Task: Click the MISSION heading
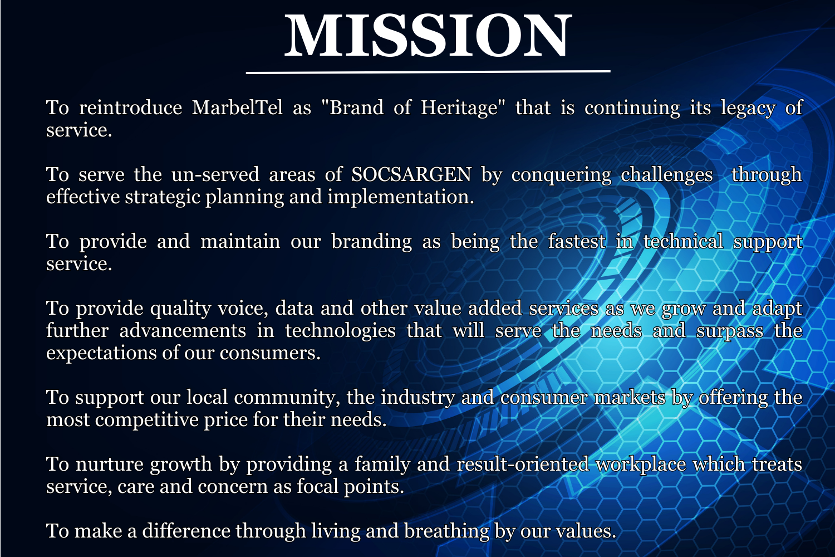(x=428, y=36)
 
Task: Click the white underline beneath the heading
(x=428, y=72)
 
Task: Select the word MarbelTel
(x=237, y=108)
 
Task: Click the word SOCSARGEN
(x=411, y=174)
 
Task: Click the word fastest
(x=577, y=241)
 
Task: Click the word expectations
(x=101, y=353)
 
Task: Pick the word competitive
(x=147, y=421)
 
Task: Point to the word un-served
(x=215, y=175)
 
